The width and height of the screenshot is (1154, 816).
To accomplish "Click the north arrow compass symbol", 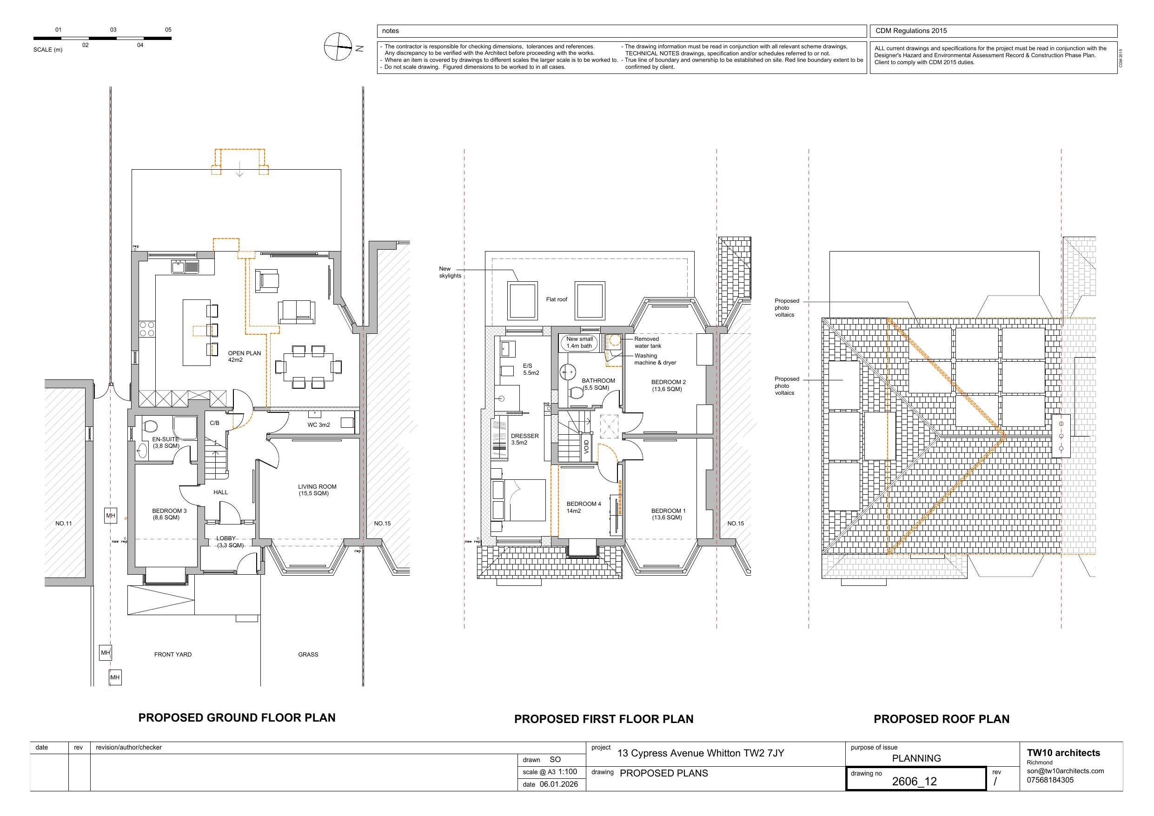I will coord(338,47).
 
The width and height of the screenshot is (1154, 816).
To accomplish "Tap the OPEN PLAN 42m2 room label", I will coord(244,357).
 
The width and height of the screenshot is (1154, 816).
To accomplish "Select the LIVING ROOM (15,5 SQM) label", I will coord(317,490).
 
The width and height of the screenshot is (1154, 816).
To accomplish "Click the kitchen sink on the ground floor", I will coord(178,266).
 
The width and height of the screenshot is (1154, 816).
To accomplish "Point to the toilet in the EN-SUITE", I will coord(150,426).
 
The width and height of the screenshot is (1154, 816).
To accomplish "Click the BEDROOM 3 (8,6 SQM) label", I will coord(169,514).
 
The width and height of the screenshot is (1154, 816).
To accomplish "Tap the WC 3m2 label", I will coord(318,425).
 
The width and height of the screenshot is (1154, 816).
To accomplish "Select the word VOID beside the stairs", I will coord(586,447).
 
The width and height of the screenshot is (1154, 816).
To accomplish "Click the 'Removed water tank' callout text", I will coord(647,342).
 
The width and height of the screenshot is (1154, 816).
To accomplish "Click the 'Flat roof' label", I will coord(557,299).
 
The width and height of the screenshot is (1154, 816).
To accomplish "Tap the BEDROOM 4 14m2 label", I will coord(583,507).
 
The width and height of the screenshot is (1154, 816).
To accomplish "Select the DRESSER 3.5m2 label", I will coord(524,439).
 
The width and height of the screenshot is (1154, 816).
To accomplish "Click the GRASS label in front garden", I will coord(308,655).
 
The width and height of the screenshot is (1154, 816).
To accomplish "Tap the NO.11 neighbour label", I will coord(63,524).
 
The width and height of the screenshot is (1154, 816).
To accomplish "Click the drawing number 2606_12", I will coord(914,781).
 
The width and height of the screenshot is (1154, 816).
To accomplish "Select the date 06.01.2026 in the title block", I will coord(558,784).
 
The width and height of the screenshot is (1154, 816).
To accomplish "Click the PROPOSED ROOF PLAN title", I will coord(941,719).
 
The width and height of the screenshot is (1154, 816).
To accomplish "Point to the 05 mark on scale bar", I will coord(168,30).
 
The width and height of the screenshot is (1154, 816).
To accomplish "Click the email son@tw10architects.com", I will coord(1065,771).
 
